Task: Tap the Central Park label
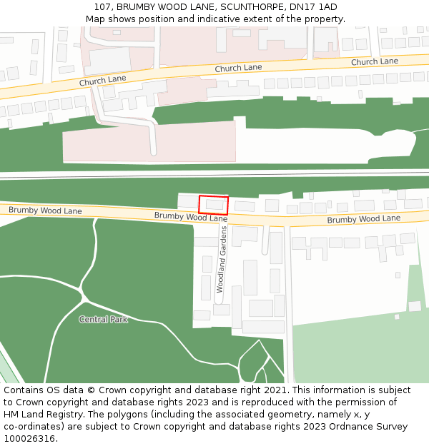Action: [103, 320]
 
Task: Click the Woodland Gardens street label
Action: [223, 260]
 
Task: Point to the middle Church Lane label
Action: [238, 68]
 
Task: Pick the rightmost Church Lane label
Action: [374, 61]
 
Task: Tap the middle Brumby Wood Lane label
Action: [191, 216]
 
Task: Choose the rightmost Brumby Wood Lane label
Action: [364, 218]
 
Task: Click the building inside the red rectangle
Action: [214, 205]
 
